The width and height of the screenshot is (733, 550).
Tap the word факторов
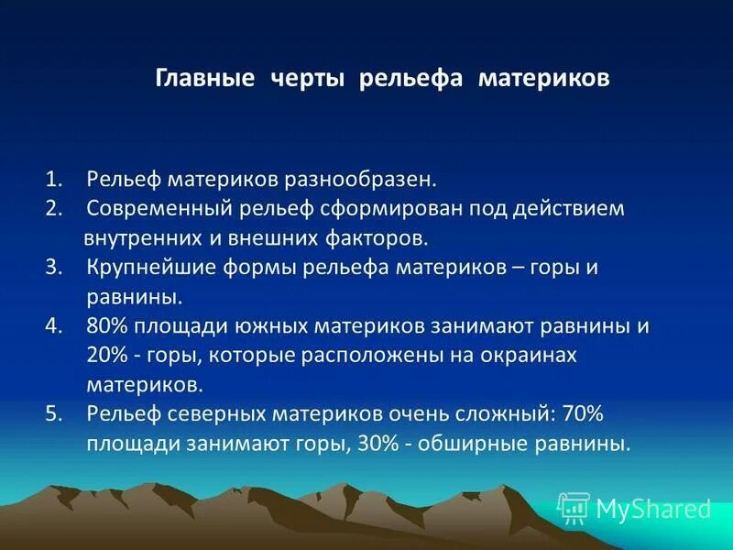coord(372,237)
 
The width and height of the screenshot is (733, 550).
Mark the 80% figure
coord(107,325)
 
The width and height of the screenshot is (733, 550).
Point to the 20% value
coord(107,355)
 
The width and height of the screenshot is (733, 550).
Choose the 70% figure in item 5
coord(578,413)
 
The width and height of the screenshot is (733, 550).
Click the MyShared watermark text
coord(653,509)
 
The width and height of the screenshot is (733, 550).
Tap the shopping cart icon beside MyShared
coord(574,507)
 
